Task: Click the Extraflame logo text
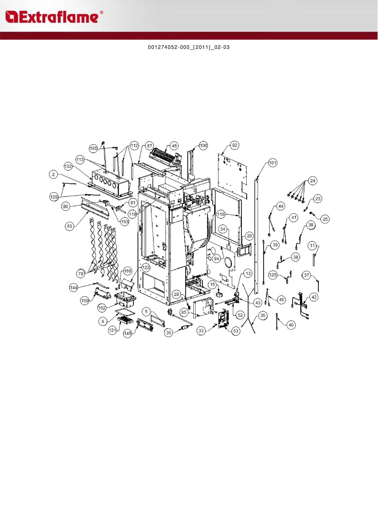54,17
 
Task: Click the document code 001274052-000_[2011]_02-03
189,47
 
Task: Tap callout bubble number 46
174,146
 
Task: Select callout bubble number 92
235,145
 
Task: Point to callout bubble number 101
273,163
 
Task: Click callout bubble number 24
313,181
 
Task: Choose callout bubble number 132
68,166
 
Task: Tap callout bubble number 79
81,274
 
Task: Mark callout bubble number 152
102,308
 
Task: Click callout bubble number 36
168,333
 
